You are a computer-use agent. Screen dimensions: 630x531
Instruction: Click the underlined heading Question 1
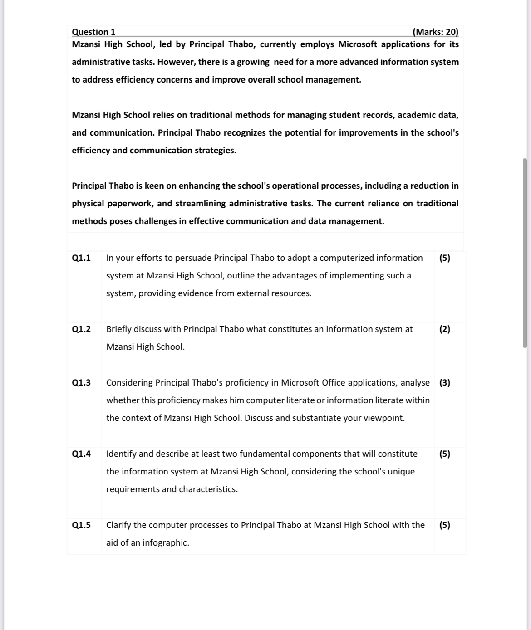[x=93, y=32]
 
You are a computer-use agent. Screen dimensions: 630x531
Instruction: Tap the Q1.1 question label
[x=81, y=258]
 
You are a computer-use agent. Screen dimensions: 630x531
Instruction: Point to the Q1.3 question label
[x=81, y=383]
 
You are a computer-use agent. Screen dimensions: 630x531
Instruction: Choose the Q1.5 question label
[x=81, y=525]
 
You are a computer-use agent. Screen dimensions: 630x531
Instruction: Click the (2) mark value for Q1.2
[x=445, y=329]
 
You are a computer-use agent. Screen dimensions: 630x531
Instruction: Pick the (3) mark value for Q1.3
[x=445, y=383]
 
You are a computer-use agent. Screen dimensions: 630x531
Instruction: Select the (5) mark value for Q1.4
[x=445, y=454]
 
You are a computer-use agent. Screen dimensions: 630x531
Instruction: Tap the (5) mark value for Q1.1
[x=445, y=258]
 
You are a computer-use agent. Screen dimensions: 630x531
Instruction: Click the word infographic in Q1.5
[x=165, y=543]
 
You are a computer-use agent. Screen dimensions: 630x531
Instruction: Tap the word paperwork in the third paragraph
[x=131, y=204]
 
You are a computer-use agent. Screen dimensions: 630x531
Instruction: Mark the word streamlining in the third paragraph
[x=200, y=204]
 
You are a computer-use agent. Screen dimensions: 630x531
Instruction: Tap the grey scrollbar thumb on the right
[x=525, y=253]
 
